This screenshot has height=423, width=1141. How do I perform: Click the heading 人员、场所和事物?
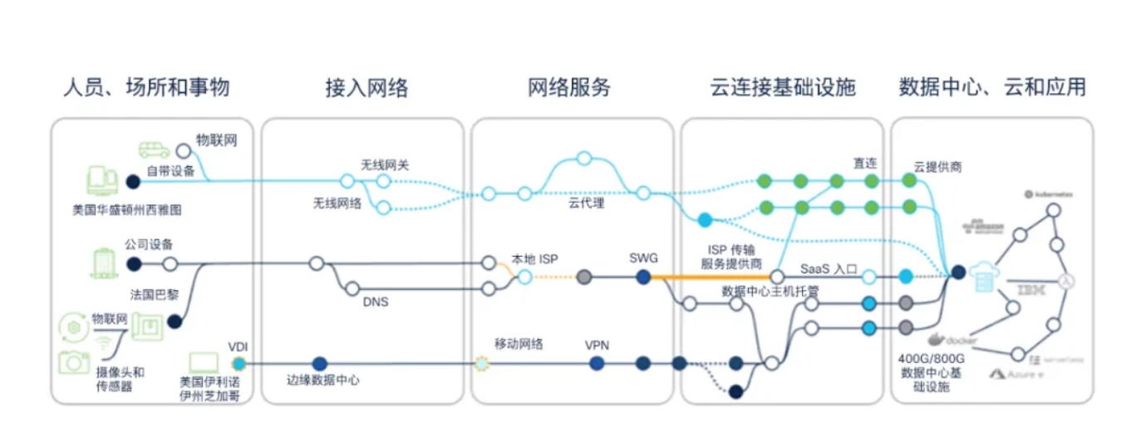(146, 86)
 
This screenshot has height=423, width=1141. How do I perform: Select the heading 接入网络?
(366, 87)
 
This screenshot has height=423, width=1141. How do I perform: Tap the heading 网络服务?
(569, 86)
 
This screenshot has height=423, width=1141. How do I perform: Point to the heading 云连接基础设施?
(783, 86)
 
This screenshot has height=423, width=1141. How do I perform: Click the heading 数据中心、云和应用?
(992, 86)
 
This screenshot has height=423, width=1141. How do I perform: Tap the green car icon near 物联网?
(154, 150)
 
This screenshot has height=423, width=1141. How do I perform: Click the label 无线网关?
(385, 165)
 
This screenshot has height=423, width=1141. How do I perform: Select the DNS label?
(376, 302)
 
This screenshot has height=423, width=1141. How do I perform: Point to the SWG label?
(643, 258)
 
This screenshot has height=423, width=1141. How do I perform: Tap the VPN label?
(597, 344)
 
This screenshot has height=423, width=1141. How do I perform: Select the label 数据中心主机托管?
(771, 291)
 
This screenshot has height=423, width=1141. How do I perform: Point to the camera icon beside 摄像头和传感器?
(74, 361)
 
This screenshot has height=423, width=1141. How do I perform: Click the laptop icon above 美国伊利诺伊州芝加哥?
(203, 362)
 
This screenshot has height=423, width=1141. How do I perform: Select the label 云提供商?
(938, 166)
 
